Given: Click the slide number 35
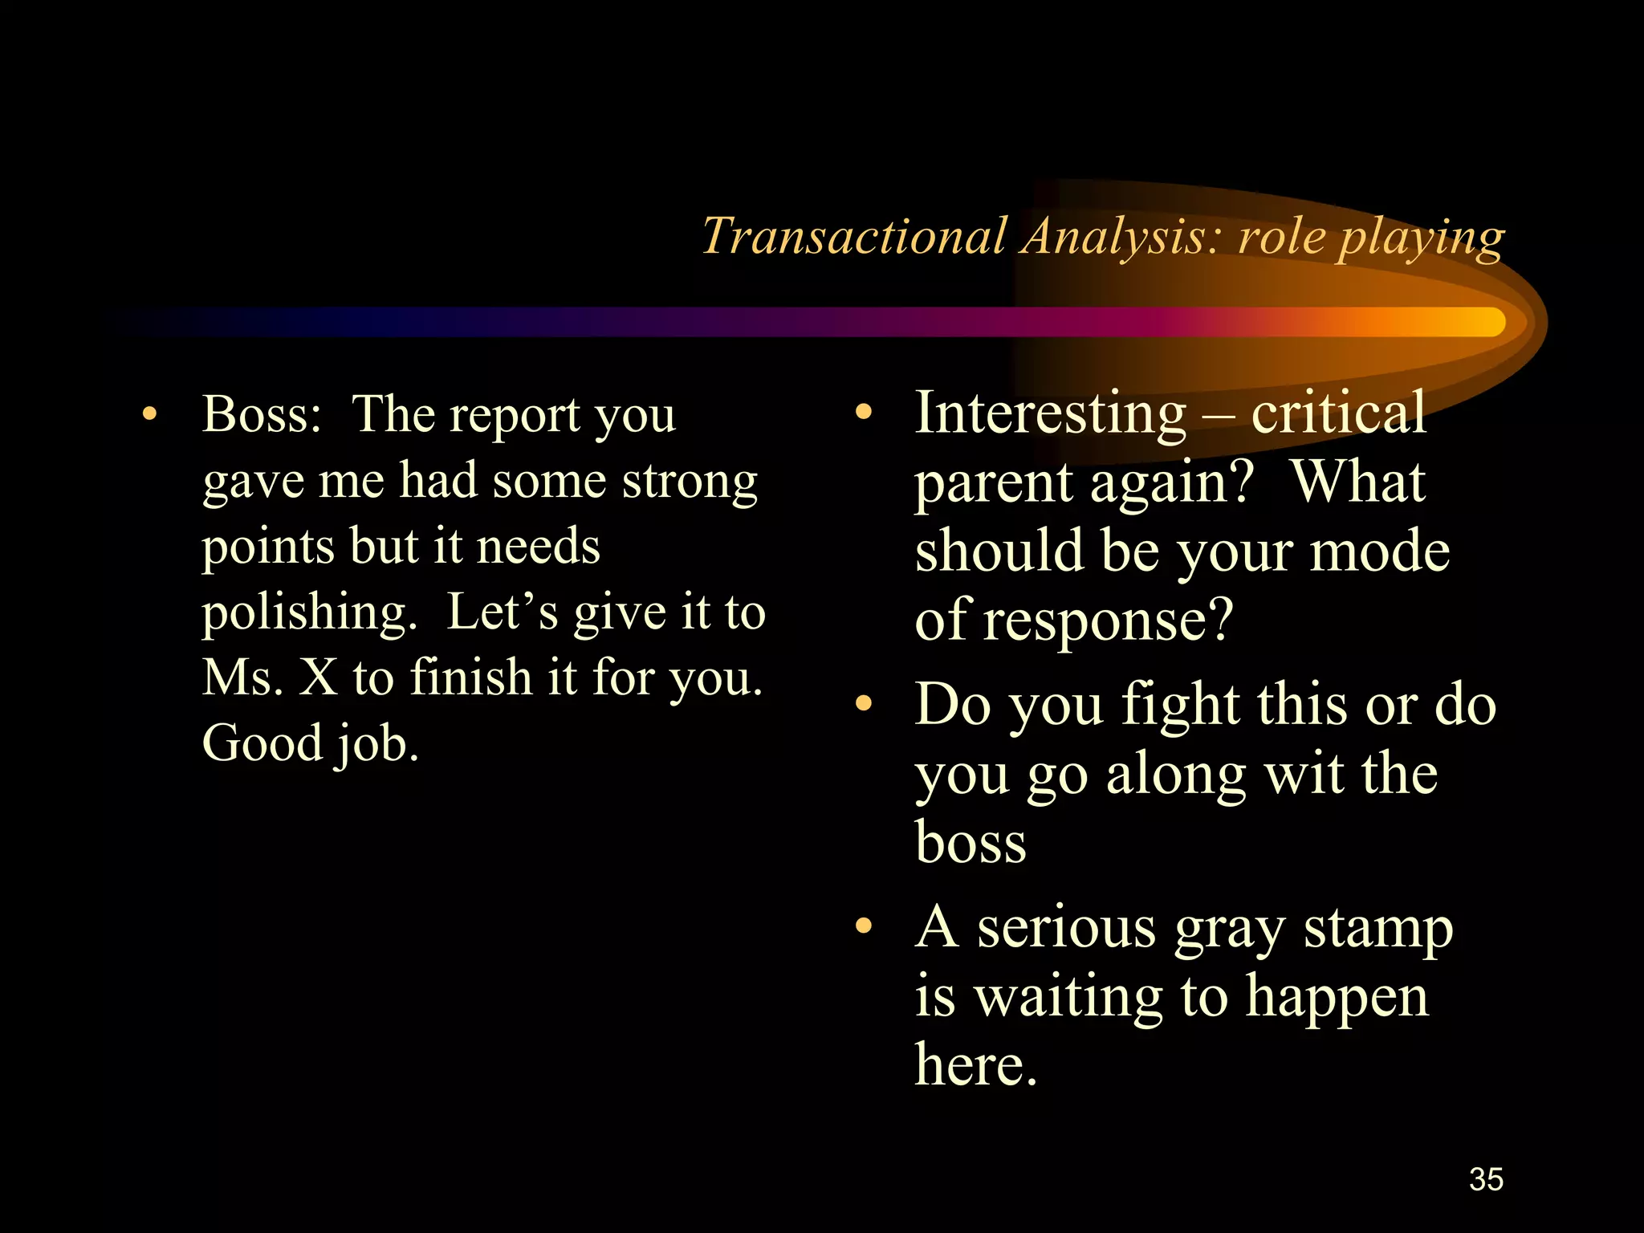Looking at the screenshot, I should pos(1486,1179).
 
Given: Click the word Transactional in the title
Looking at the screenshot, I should pos(854,237).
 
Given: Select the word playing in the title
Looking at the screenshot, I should pos(1421,238).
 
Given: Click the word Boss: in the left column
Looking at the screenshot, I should pos(262,414).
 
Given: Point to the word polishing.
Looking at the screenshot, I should pos(309,613).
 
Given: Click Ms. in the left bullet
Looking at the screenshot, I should pos(242,678).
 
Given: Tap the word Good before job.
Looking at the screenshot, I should pos(262,743).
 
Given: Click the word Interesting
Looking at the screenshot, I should pos(1050,413).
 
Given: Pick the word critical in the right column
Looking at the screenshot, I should pos(1338,413).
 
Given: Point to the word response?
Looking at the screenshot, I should pos(1108,621).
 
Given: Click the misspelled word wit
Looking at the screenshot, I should pos(1304,775).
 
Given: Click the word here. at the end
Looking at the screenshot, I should pos(976,1064).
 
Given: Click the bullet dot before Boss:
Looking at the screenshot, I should pos(149,414).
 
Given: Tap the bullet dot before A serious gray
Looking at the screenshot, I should pos(863,926).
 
